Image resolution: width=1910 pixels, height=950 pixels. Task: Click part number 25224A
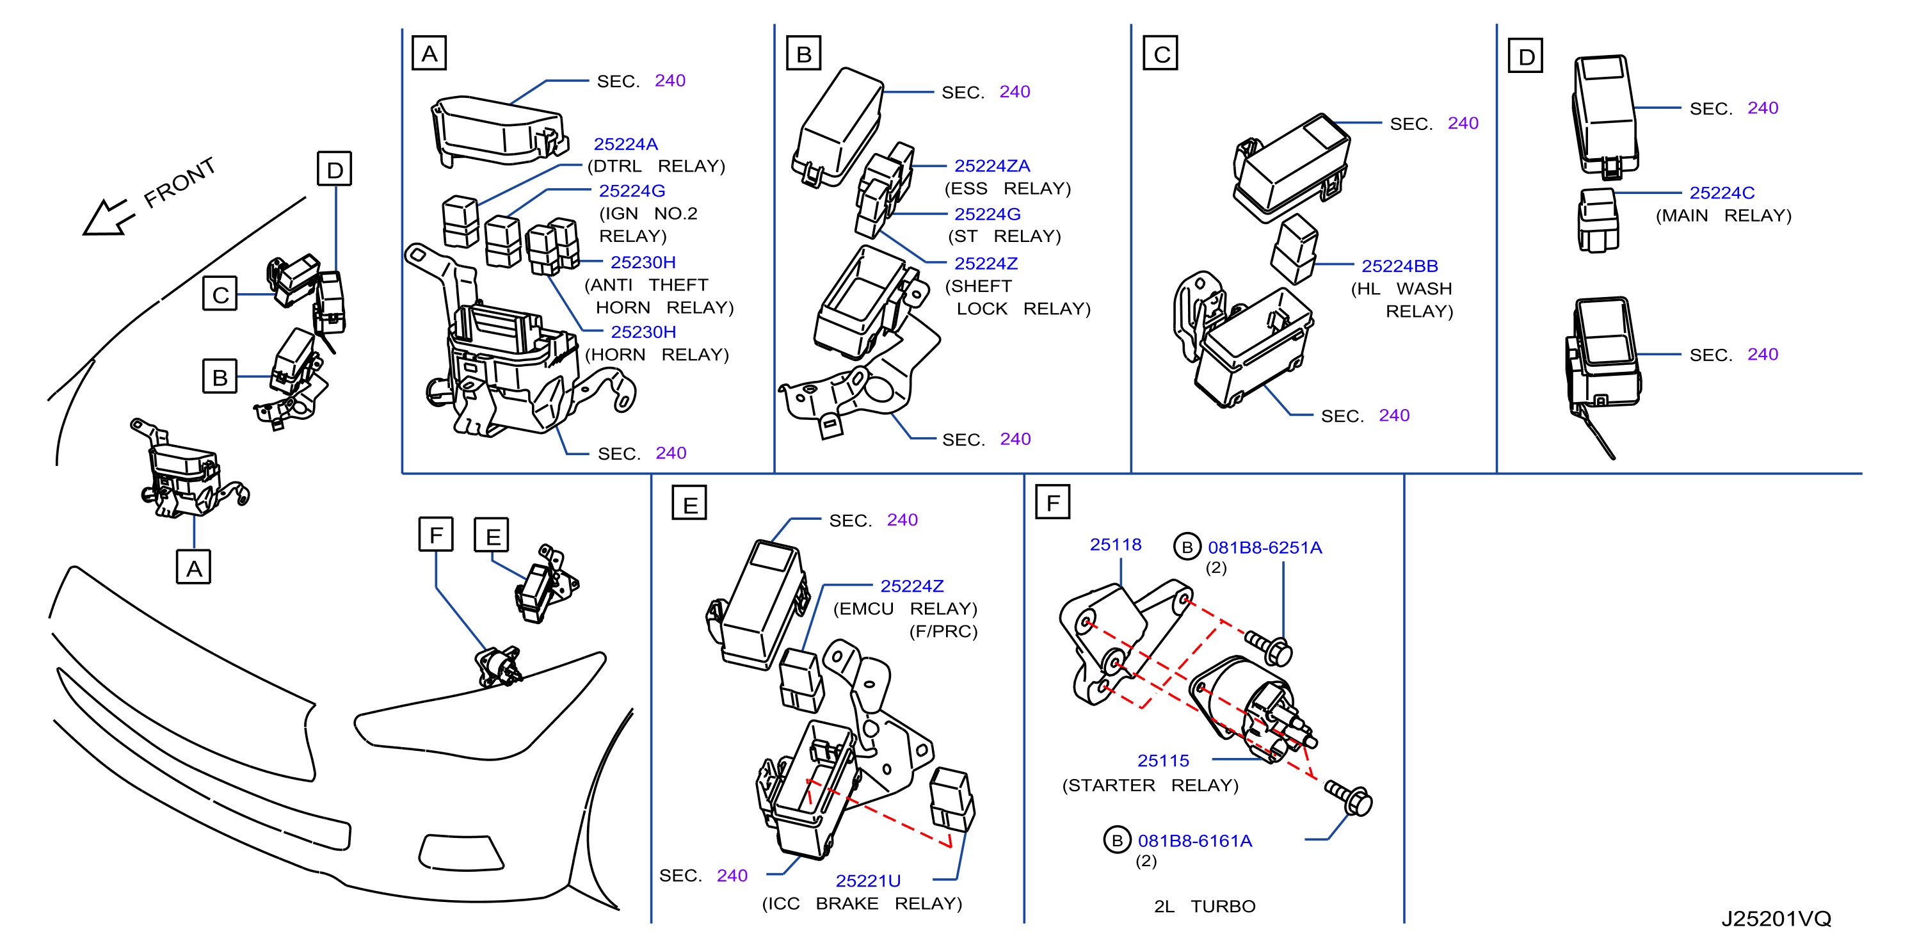click(x=625, y=144)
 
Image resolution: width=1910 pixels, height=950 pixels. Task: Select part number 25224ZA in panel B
click(x=991, y=165)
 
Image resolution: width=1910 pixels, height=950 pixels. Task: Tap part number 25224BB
click(x=1399, y=266)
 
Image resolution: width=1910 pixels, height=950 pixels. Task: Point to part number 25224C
click(x=1721, y=193)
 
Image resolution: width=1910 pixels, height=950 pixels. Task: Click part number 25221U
click(x=867, y=880)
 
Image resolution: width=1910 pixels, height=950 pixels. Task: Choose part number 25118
click(x=1115, y=544)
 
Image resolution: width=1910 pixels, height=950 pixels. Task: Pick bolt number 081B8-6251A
click(x=1264, y=547)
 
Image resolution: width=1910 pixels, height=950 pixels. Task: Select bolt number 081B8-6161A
click(x=1194, y=841)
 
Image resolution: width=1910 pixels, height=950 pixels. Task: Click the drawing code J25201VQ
click(x=1776, y=918)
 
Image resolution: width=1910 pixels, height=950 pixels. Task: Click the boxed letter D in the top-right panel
click(x=1525, y=56)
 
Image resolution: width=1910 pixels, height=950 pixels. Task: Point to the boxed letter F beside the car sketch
click(x=436, y=534)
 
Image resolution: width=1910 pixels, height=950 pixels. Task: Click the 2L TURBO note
click(x=1204, y=906)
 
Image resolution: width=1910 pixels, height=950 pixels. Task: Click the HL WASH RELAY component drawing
click(x=1294, y=249)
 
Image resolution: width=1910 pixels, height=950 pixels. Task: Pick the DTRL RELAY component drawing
click(x=460, y=221)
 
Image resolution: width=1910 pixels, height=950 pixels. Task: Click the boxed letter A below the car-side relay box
click(x=193, y=567)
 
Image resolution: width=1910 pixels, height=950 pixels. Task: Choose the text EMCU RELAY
click(x=905, y=608)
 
